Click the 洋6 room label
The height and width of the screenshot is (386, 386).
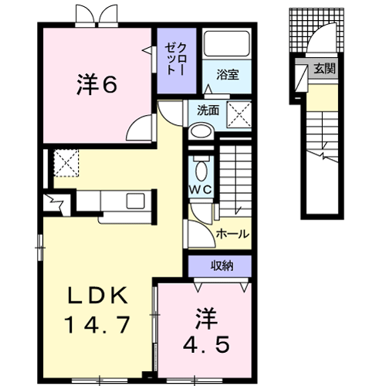[97, 85]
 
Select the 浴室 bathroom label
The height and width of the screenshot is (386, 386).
[228, 75]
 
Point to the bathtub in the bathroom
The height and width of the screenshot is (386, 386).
[227, 44]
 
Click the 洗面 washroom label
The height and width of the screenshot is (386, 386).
[208, 110]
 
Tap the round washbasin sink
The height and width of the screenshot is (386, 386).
[201, 131]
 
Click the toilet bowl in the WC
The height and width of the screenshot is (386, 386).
[201, 171]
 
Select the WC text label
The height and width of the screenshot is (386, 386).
[201, 190]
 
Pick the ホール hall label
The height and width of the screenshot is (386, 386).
[232, 234]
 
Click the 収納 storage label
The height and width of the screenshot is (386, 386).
[222, 266]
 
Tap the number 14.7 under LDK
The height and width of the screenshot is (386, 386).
[96, 325]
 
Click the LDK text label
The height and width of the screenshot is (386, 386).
[97, 296]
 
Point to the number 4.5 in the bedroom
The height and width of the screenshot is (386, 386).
[206, 345]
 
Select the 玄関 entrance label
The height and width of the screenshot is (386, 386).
[325, 69]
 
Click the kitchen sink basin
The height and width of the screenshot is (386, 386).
[135, 201]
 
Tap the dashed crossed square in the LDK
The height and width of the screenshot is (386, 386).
[66, 163]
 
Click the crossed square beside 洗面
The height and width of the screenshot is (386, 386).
[239, 114]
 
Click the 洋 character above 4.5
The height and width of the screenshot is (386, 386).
[206, 318]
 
